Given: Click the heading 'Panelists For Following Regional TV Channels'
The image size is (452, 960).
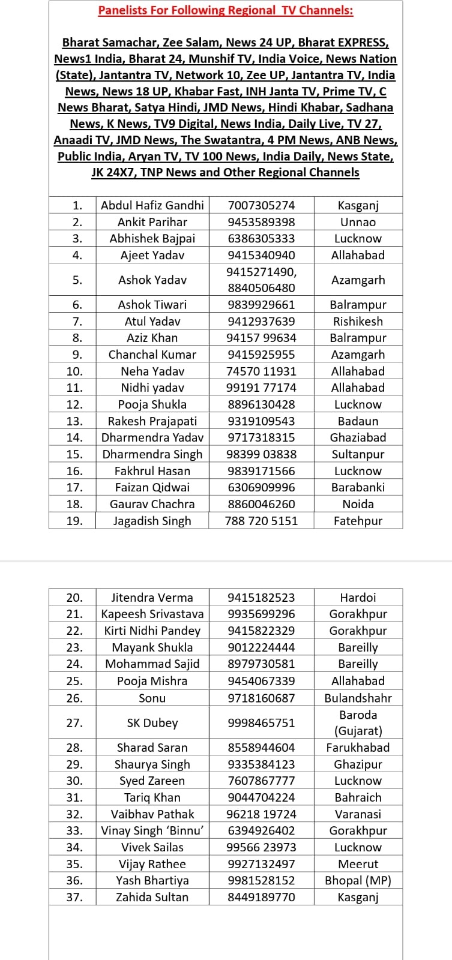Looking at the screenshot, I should pos(226,10).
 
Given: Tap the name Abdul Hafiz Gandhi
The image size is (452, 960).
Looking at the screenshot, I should pos(152,205).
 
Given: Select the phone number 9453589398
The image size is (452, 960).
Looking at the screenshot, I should pos(261,222).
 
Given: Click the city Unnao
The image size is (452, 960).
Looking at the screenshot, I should pos(358,222).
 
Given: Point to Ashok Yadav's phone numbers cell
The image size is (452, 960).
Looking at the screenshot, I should pos(261,280).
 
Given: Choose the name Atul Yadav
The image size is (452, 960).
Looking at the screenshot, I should pos(152,322).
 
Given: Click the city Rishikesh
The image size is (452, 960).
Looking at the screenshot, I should pos(358,322).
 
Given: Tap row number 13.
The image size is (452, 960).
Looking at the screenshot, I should pos(74,421).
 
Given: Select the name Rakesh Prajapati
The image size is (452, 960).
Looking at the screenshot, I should pos(152,421).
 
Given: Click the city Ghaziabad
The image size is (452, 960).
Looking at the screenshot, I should pos(358,437).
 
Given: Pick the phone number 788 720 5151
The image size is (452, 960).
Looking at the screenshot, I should pos(261,521).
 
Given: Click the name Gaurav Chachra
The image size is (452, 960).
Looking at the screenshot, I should pos(152,504).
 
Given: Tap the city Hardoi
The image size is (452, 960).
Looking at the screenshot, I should pos(358,598).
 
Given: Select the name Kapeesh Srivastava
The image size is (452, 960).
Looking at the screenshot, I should pos(152,614).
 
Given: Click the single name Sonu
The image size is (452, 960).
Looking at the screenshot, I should pos(152,698).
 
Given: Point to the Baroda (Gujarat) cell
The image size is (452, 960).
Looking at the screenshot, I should pos(358,723).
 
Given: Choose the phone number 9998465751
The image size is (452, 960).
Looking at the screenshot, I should pos(261,723).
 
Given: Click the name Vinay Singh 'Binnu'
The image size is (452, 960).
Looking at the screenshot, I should pos(152,831).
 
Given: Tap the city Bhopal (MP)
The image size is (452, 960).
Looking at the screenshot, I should pos(358,881).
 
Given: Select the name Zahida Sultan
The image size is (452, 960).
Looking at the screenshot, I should pos(152,898).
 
